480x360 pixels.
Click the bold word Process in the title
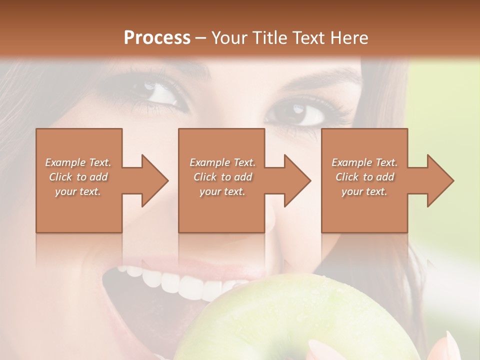(157, 37)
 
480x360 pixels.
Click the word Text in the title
(309, 37)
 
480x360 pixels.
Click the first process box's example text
(78, 177)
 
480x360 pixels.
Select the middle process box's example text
(222, 177)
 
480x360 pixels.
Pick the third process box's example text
(364, 177)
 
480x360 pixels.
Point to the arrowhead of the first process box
(155, 180)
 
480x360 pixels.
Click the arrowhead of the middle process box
(297, 180)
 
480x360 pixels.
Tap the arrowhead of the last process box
(441, 180)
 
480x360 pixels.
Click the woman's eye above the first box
(160, 93)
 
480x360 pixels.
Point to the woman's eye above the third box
(305, 114)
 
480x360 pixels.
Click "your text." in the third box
(364, 191)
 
